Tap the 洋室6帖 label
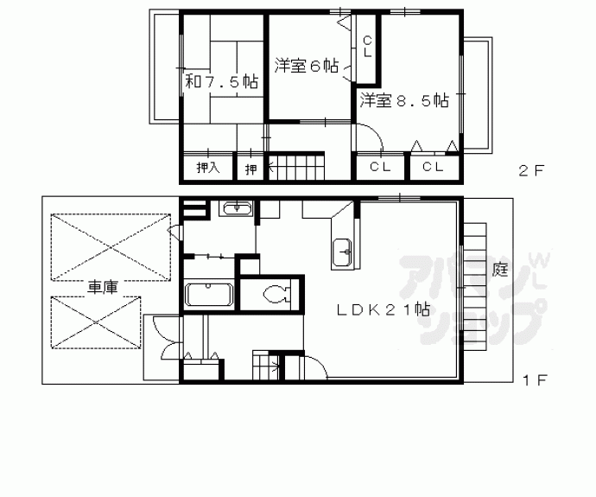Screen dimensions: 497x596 [306, 66]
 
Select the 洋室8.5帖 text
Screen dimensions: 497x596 [404, 99]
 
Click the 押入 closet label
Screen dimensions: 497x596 [207, 168]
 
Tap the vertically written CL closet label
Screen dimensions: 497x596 [367, 46]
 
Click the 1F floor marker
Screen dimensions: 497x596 [531, 379]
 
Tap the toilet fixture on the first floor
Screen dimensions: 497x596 [275, 293]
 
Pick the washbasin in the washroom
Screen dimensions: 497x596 [236, 208]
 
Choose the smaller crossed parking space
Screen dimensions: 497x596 [95, 322]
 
